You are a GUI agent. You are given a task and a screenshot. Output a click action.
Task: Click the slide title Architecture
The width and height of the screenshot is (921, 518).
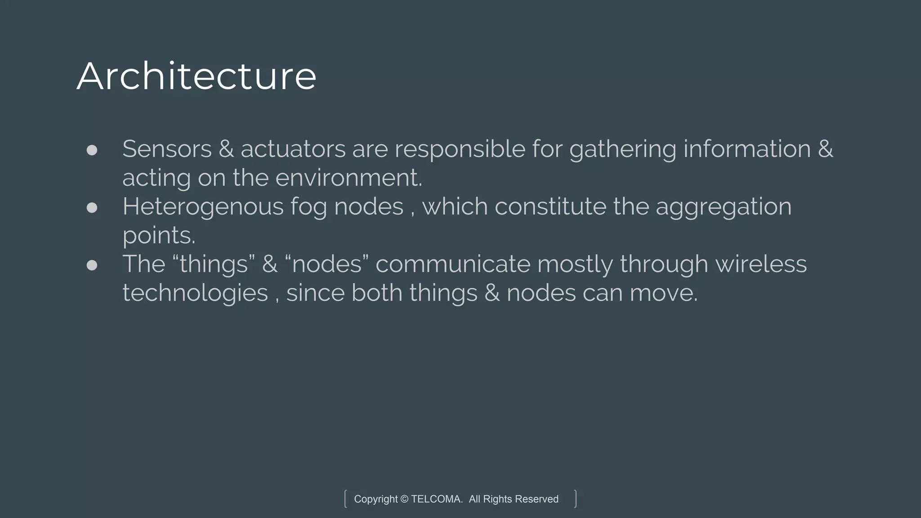[x=197, y=76]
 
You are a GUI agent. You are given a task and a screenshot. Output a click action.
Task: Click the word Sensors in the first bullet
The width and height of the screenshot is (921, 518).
[x=167, y=149]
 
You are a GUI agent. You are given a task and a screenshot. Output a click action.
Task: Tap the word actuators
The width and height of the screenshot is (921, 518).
[x=293, y=149]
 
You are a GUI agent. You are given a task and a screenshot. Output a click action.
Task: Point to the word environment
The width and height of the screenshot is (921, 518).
[x=349, y=178]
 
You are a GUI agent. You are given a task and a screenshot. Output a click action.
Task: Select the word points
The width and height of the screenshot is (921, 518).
[x=159, y=236]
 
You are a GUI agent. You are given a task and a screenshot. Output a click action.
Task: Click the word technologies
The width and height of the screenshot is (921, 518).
[x=195, y=293]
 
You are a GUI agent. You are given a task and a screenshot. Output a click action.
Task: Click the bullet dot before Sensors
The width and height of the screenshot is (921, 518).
[x=92, y=150]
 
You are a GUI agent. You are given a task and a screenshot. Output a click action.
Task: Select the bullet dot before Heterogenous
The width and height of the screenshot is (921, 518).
[x=92, y=207]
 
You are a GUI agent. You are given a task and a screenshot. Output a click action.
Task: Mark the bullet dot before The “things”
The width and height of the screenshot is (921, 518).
[x=92, y=265]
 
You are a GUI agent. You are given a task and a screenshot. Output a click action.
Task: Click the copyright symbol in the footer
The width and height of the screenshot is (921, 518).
[x=404, y=499]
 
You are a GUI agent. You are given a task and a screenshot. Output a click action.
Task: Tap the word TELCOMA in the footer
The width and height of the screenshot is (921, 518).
[x=436, y=499]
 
